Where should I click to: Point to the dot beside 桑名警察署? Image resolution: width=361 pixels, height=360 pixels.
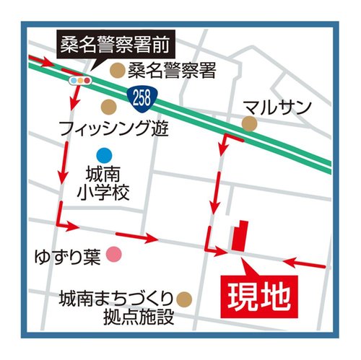coord(116,70)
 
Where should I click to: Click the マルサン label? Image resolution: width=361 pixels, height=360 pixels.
coord(278,107)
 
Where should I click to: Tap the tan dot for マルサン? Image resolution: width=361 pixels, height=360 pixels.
coord(249,124)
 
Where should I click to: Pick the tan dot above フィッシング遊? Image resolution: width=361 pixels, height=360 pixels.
coord(108,108)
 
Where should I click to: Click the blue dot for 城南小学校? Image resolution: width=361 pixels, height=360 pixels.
coord(105,154)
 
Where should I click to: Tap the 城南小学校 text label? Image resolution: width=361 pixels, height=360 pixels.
coord(105,184)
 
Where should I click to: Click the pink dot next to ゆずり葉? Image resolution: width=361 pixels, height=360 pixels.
coord(113,253)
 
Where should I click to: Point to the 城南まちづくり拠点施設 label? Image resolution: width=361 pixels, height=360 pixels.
coord(116,307)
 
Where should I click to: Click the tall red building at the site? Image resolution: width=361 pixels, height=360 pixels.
coord(239,234)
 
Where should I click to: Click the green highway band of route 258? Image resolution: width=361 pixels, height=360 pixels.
coord(217,123)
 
